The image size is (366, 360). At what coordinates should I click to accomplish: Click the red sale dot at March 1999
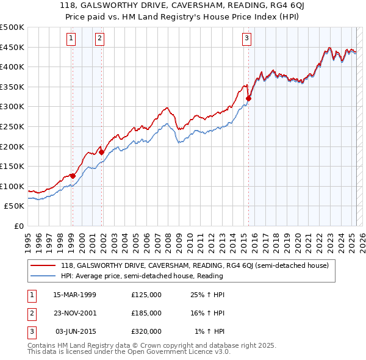point(73,176)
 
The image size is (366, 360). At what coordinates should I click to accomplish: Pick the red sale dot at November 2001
point(101,152)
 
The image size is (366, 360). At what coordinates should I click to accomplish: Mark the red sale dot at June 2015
point(248,98)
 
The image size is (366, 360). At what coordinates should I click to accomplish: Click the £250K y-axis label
point(12,126)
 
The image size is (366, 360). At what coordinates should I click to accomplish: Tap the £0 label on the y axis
point(18,226)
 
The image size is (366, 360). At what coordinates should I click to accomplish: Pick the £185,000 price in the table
point(146,313)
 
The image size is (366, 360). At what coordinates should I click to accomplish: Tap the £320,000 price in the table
point(146,331)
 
